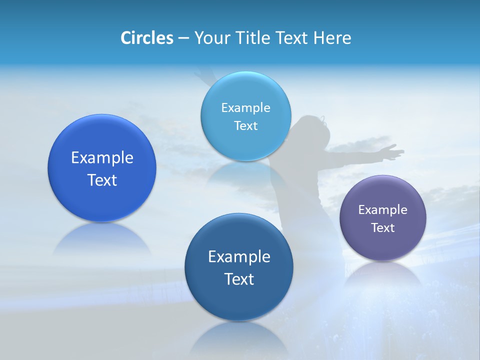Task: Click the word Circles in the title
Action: pyautogui.click(x=146, y=38)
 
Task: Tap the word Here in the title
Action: pyautogui.click(x=332, y=38)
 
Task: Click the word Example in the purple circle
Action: pyautogui.click(x=383, y=210)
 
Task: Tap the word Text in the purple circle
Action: pyautogui.click(x=383, y=228)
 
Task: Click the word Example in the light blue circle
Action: pyautogui.click(x=246, y=108)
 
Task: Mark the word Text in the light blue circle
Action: pyautogui.click(x=246, y=126)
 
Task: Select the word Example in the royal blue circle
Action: pyautogui.click(x=102, y=158)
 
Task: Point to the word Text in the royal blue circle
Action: pyautogui.click(x=102, y=180)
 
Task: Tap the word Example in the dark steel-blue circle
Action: pyautogui.click(x=239, y=257)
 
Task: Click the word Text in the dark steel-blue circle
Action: pyautogui.click(x=239, y=279)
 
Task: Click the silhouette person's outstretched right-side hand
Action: pyautogui.click(x=392, y=151)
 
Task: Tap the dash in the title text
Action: pyautogui.click(x=183, y=38)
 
